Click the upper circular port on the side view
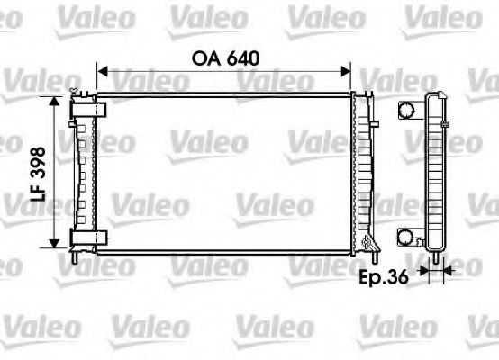tap(408, 110)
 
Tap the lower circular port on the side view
tap(408, 238)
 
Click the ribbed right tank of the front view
tap(362, 171)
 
